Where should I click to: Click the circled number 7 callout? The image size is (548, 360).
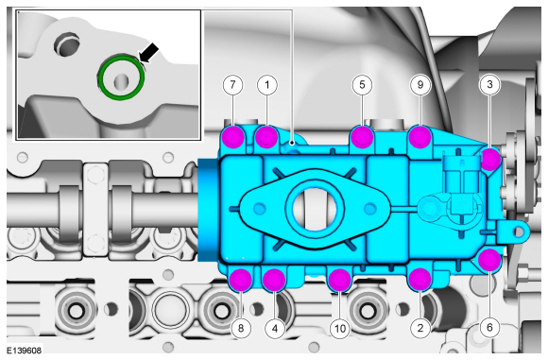pos(232,85)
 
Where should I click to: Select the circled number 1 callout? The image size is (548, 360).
pos(267,85)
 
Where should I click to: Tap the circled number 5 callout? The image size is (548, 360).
pos(362,85)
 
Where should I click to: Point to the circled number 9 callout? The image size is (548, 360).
pos(420,85)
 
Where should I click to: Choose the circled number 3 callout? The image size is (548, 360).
pos(489,84)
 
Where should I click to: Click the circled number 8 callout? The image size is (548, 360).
pos(241,328)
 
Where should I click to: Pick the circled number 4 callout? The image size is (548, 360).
pos(275,328)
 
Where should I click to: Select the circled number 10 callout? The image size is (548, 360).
pos(340,328)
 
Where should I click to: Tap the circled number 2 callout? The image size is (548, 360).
pos(420,328)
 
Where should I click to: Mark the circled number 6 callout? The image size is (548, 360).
pos(489,327)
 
